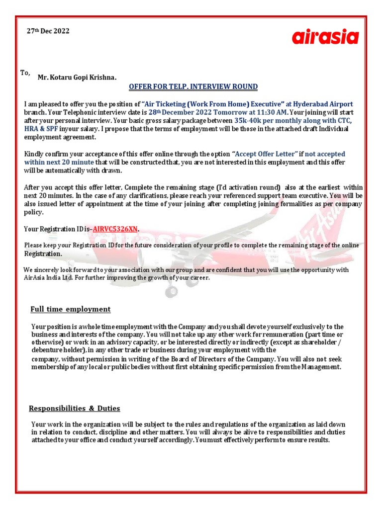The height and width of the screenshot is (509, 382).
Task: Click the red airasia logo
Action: coord(325,37)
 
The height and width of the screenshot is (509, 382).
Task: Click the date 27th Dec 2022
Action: coord(48,31)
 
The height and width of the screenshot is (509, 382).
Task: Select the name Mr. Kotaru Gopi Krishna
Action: coord(77,77)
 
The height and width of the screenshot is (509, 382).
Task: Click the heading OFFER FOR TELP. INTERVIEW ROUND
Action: coord(193,87)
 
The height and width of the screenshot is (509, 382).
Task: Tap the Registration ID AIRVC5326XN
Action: coord(115,229)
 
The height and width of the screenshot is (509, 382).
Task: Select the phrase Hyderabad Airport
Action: coord(323,104)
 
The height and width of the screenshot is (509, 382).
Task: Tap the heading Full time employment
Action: coord(70,309)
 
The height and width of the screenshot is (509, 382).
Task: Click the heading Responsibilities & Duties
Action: coord(74,409)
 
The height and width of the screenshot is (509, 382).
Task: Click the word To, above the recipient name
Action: coord(25,73)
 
